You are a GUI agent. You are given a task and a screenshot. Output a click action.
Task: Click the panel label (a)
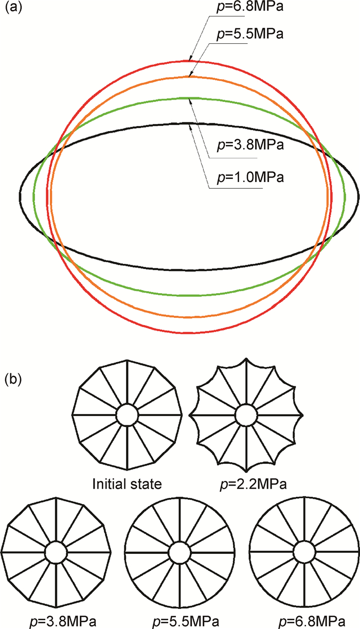pyautogui.click(x=14, y=10)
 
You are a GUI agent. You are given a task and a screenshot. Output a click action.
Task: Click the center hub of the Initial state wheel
pyautogui.click(x=126, y=415)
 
